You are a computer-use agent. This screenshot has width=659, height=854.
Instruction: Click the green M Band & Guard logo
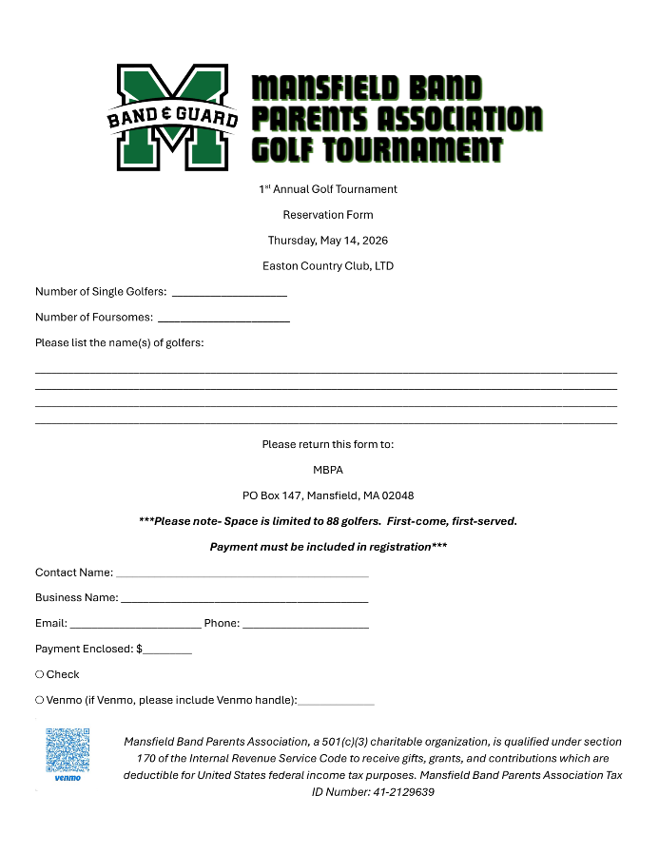[172, 117]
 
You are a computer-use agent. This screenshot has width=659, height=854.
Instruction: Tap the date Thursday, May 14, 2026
[328, 241]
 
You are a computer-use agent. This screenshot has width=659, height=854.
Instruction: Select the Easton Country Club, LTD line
[328, 266]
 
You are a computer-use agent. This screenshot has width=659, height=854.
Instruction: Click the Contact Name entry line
[242, 574]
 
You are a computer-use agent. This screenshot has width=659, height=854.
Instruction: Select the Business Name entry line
[244, 600]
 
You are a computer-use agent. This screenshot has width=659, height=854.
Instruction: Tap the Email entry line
[135, 626]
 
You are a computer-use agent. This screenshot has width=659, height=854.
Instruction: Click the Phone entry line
[305, 626]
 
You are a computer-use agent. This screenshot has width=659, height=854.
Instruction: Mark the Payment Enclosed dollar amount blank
[167, 651]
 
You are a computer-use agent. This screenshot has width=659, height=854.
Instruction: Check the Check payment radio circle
[39, 674]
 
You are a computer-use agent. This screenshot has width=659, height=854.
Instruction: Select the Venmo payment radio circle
[39, 700]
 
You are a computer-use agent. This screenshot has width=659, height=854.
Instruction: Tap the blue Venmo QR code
[68, 750]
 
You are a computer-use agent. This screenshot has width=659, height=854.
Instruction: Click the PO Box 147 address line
[328, 495]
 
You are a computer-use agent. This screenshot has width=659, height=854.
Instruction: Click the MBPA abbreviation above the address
[328, 470]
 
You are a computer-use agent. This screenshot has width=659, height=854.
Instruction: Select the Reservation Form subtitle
[328, 215]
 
